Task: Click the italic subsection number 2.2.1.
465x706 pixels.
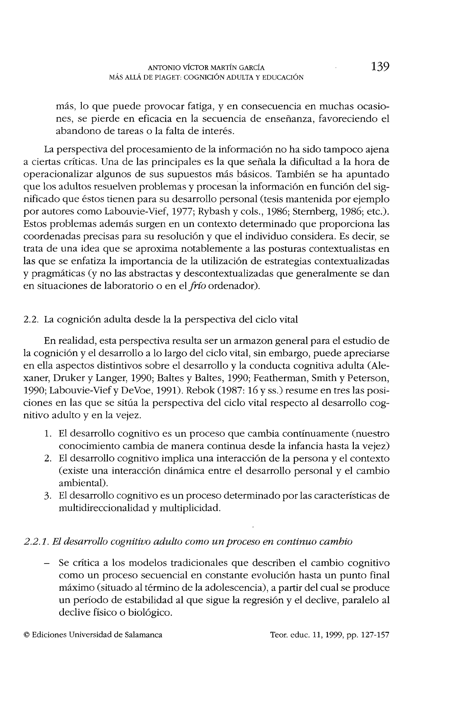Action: pyautogui.click(x=36, y=542)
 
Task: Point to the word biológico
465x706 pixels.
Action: pyautogui.click(x=151, y=613)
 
